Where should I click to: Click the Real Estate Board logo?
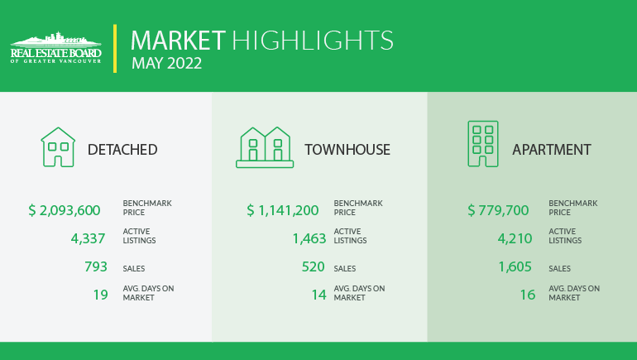[x=56, y=47]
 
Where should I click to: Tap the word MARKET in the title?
[x=178, y=41]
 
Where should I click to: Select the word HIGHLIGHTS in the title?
[x=313, y=41]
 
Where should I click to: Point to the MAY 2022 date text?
[x=166, y=63]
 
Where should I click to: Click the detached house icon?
[x=58, y=147]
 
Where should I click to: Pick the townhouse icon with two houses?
[x=265, y=147]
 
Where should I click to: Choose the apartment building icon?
[x=483, y=144]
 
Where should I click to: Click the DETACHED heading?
[x=122, y=150]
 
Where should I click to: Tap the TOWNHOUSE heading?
[x=347, y=150]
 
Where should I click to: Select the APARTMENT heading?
[x=551, y=150]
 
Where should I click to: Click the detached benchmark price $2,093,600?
[x=65, y=210]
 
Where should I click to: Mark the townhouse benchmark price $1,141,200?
[x=283, y=210]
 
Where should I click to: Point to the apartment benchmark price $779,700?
[x=498, y=210]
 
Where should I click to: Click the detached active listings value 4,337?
[x=89, y=238]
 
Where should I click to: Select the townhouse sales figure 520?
[x=314, y=266]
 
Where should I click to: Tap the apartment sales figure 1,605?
[x=515, y=266]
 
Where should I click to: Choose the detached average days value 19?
[x=101, y=295]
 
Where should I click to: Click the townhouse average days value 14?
[x=318, y=295]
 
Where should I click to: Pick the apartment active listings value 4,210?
[x=515, y=238]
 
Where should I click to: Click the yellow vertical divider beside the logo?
[x=115, y=48]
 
